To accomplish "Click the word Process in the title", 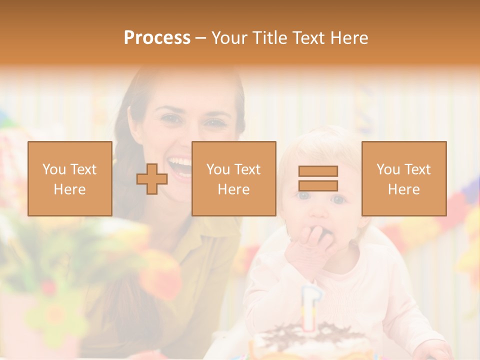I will click(157, 38).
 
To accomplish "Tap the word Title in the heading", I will click(268, 38).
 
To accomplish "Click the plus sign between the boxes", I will click(152, 179).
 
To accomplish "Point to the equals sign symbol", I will click(318, 178).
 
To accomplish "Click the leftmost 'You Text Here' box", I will click(69, 178).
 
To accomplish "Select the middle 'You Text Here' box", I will click(233, 178).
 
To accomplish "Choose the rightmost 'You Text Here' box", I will click(403, 178).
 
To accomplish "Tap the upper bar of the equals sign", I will click(318, 171).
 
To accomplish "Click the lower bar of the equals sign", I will click(318, 185).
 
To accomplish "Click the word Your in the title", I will click(228, 38).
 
